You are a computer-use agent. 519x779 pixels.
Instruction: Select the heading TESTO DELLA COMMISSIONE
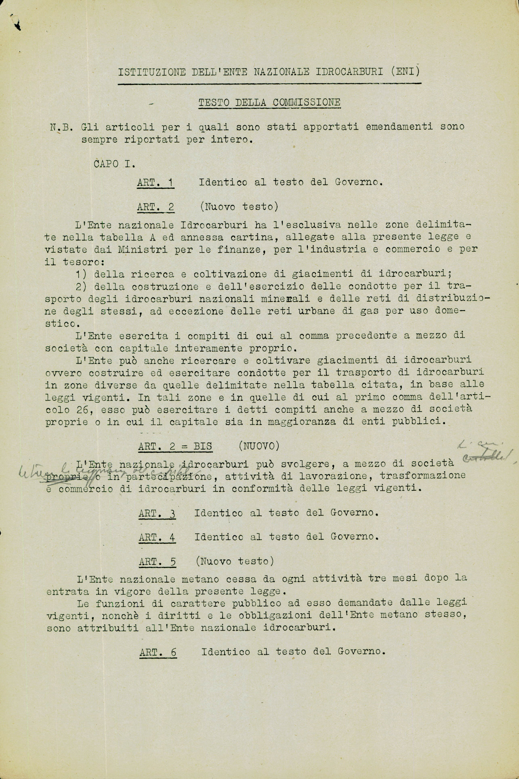269,103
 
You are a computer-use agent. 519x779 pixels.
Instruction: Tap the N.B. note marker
59,127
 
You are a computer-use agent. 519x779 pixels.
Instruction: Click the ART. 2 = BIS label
175,446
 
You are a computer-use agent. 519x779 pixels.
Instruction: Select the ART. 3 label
157,513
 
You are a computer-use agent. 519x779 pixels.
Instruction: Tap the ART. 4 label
157,537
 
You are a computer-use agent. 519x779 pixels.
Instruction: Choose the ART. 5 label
157,562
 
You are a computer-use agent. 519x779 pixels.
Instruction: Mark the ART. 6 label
158,652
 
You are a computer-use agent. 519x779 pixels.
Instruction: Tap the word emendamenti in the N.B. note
399,127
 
